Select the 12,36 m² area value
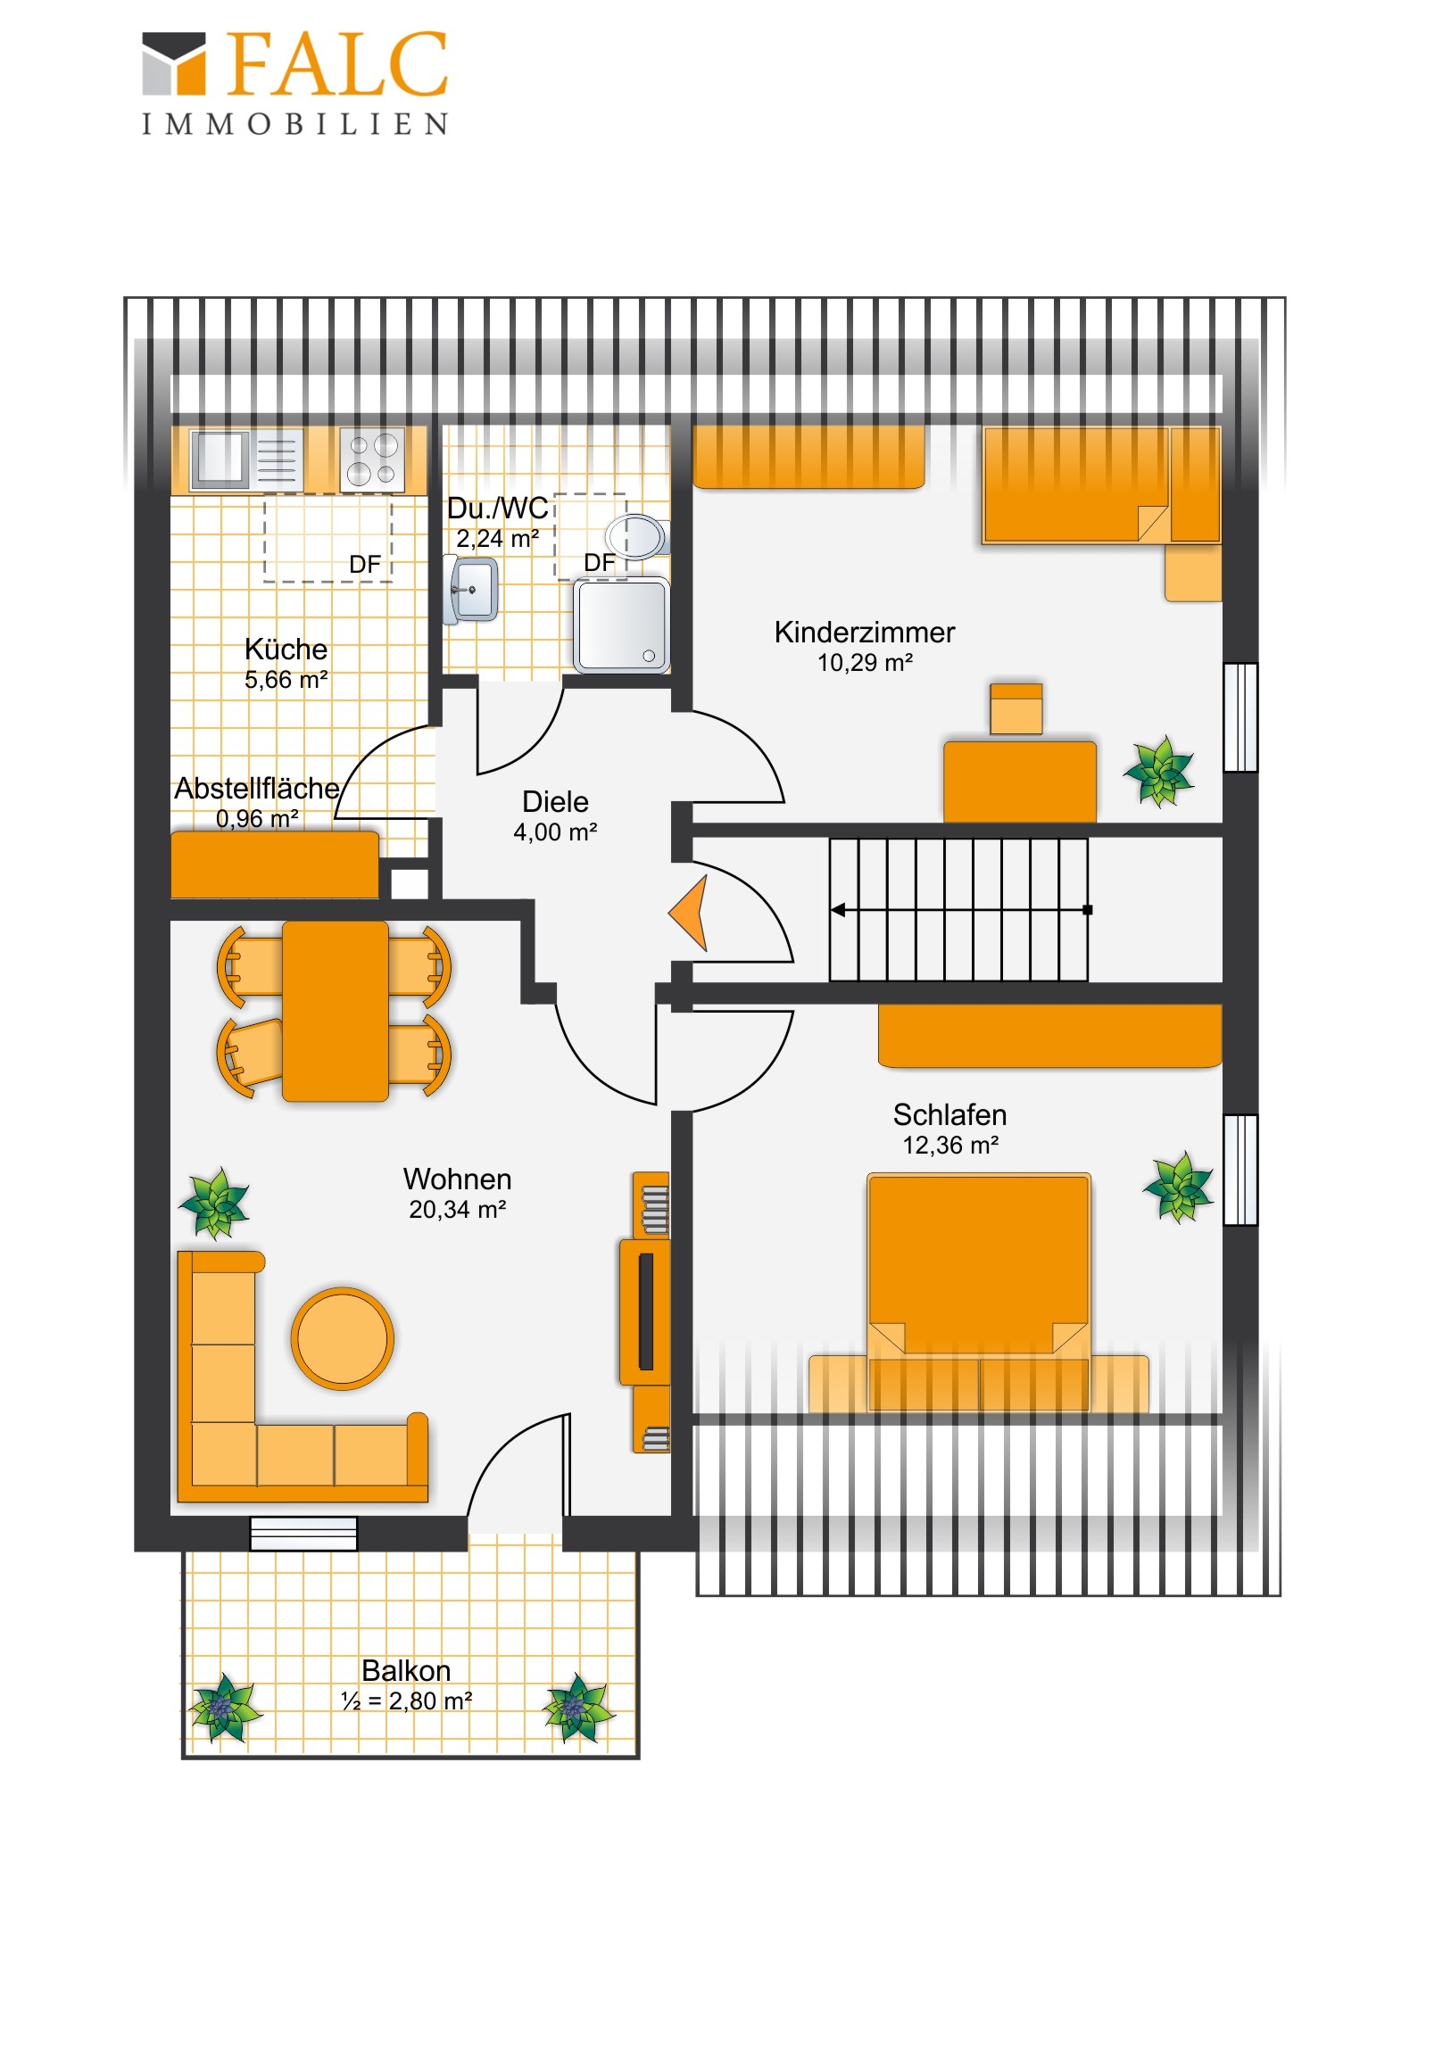949,1146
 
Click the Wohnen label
457,1179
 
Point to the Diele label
555,802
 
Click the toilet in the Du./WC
636,537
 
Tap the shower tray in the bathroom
621,625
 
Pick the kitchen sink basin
220,459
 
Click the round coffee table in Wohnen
342,1338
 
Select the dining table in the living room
336,1012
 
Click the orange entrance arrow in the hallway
690,913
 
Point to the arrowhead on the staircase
838,910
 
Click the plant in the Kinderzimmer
1158,771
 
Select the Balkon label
406,1671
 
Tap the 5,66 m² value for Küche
286,680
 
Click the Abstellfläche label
257,789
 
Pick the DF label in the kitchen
365,565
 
